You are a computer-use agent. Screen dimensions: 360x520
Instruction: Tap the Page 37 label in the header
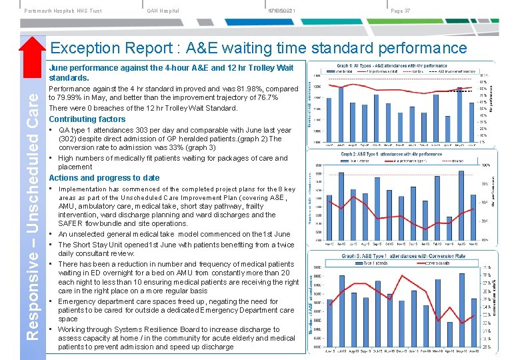401,11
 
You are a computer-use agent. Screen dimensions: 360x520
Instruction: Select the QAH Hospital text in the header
163,11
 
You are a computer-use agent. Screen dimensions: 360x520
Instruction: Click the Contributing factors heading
87,119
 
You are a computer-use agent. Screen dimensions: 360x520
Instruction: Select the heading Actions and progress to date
104,178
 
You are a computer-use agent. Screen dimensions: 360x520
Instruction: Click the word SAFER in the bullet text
69,224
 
